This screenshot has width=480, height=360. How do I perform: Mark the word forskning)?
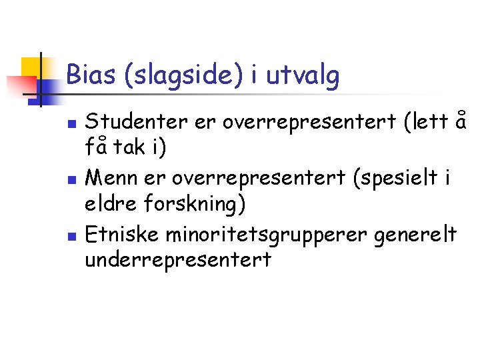click(x=197, y=203)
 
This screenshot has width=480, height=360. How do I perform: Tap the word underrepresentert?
click(x=178, y=259)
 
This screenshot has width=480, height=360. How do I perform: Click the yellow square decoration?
click(x=31, y=67)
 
